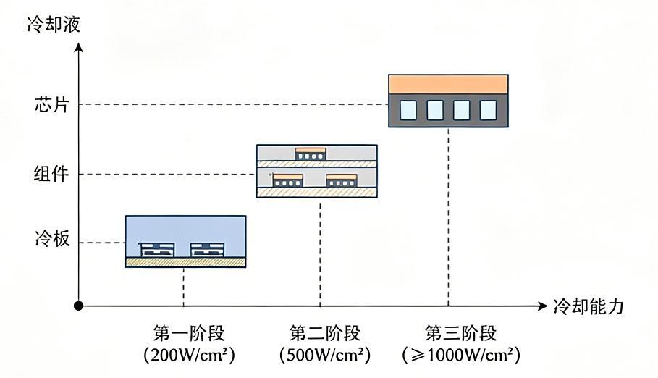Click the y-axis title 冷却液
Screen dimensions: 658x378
click(54, 25)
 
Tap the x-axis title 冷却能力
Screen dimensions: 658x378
click(589, 306)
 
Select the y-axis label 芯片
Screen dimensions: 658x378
click(51, 104)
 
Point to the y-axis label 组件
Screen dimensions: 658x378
click(51, 174)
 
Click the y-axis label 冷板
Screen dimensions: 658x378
click(52, 239)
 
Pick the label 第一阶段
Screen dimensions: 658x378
click(189, 334)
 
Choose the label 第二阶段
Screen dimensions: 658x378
click(325, 334)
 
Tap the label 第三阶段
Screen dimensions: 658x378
click(461, 334)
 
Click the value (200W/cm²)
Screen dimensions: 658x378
click(189, 356)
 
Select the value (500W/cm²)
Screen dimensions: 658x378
click(325, 356)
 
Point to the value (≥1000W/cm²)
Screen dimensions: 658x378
click(461, 356)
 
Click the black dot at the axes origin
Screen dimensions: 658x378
click(78, 306)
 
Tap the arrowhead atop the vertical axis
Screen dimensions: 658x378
click(78, 47)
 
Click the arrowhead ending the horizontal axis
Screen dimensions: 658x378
click(543, 306)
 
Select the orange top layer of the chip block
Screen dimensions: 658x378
click(448, 85)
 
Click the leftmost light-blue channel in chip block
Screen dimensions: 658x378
click(408, 110)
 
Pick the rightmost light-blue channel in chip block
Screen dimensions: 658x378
click(488, 110)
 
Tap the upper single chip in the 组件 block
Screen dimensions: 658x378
click(311, 154)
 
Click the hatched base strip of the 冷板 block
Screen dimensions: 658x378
click(186, 262)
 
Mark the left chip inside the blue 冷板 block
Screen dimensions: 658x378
click(157, 250)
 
